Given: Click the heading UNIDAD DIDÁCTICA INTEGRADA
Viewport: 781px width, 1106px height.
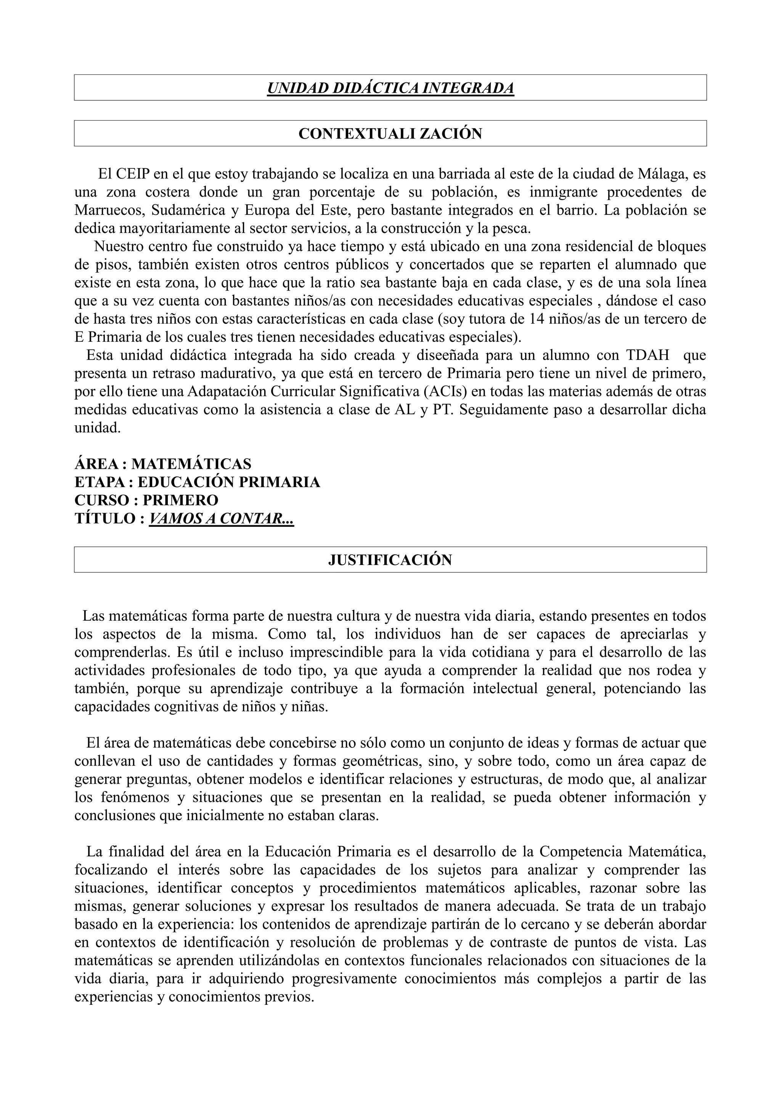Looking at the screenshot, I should [x=390, y=88].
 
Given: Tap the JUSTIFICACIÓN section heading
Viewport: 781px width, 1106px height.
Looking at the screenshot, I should [x=390, y=560].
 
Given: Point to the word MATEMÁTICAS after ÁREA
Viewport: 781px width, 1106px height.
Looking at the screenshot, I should [x=191, y=464].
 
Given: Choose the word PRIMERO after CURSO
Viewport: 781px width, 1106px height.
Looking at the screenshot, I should [x=180, y=500].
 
